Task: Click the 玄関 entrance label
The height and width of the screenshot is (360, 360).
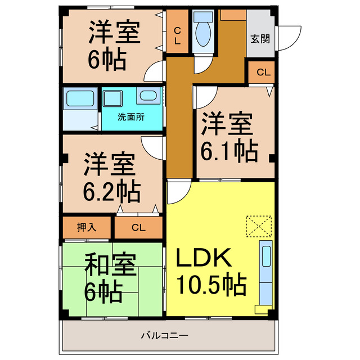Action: [260, 39]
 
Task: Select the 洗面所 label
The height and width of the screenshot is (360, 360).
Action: [130, 118]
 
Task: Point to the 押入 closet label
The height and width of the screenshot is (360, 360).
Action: [87, 227]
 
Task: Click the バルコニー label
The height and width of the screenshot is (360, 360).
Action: [164, 336]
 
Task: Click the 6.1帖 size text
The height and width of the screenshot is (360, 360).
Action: [229, 150]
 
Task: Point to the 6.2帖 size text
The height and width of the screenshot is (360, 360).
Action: [112, 192]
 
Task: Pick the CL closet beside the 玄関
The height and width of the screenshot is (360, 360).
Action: [263, 72]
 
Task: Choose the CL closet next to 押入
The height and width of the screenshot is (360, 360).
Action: [138, 228]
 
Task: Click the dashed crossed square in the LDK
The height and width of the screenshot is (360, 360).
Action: [258, 227]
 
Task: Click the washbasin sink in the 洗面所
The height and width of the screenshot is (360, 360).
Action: [148, 96]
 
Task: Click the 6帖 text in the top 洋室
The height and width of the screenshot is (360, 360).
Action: [106, 59]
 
